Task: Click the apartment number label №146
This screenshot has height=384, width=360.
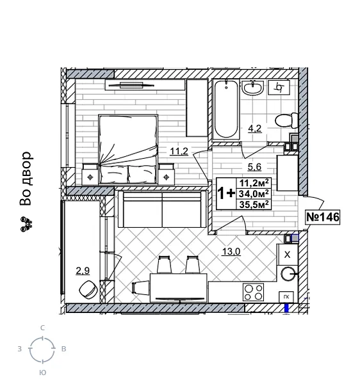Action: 322,218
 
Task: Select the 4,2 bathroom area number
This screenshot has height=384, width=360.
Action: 254,127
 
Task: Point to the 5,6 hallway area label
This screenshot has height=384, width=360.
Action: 255,168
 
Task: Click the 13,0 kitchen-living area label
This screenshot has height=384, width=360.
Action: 231,252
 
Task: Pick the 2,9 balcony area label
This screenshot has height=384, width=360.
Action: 83,271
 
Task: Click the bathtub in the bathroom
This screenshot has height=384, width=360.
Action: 226,109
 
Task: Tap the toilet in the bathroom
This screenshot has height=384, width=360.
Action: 284,120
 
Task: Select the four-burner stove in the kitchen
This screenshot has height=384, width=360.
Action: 254,292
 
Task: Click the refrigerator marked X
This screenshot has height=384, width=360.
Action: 287,255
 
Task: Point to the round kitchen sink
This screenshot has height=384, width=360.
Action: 288,275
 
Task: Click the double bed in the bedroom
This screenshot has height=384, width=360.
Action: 128,147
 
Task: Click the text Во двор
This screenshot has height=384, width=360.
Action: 26,179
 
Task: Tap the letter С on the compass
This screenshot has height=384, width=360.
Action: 42,328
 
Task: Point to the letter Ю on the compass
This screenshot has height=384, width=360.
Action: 42,372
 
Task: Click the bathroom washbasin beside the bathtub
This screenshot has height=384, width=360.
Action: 254,88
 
